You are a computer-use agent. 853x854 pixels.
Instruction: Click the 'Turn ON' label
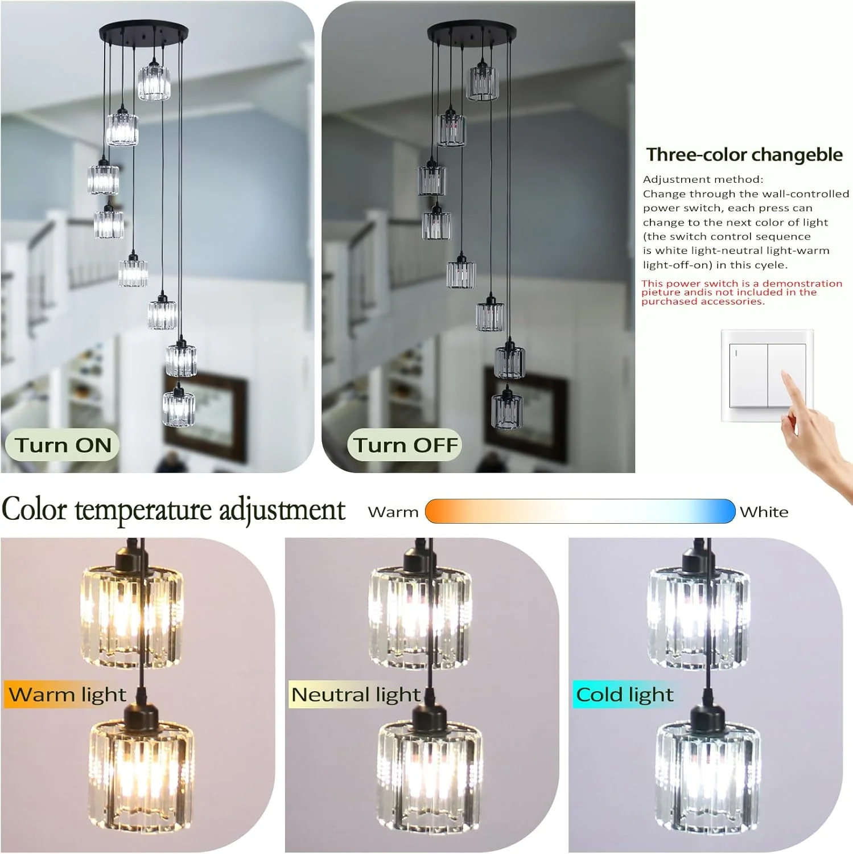pyautogui.click(x=63, y=445)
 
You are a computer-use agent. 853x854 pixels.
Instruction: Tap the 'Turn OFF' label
pyautogui.click(x=405, y=445)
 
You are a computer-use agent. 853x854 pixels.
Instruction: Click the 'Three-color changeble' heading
pyautogui.click(x=744, y=155)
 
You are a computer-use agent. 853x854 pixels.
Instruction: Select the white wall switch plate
pyautogui.click(x=767, y=376)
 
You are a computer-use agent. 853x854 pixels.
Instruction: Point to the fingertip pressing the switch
pyautogui.click(x=786, y=376)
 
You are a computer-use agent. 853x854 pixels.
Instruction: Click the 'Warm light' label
pyautogui.click(x=67, y=695)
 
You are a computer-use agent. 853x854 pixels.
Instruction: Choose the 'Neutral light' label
pyautogui.click(x=356, y=695)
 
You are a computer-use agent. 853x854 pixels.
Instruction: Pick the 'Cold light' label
pyautogui.click(x=624, y=695)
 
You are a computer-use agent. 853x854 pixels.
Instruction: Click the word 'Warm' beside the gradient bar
pyautogui.click(x=393, y=512)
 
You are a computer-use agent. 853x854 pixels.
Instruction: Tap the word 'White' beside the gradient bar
pyautogui.click(x=764, y=512)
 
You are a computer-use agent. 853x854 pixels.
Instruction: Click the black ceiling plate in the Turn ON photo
pyautogui.click(x=144, y=32)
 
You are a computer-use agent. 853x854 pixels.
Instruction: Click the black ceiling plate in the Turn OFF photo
pyautogui.click(x=472, y=32)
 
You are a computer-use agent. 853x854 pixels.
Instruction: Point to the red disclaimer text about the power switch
pyautogui.click(x=741, y=292)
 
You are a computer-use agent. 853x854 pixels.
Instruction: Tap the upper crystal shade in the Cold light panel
pyautogui.click(x=699, y=615)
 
